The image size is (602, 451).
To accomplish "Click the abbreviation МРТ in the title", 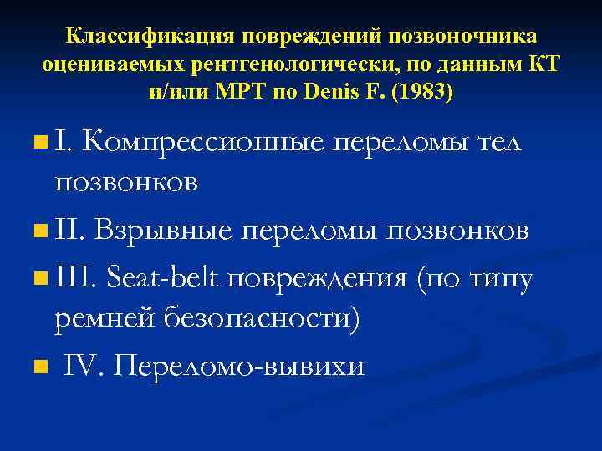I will coord(242,91).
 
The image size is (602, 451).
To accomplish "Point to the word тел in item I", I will coord(497,144).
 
